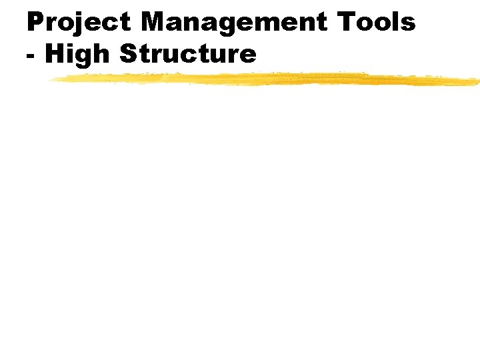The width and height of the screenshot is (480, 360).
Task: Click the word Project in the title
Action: [x=79, y=23]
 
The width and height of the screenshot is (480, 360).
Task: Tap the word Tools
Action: [x=377, y=23]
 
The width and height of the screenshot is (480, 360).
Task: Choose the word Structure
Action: [x=187, y=53]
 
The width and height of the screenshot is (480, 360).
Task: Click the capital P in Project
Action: [x=35, y=23]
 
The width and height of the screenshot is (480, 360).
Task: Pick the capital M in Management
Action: [x=153, y=23]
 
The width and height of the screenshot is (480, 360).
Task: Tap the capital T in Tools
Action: [x=346, y=23]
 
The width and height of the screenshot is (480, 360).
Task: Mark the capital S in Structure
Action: [x=127, y=53]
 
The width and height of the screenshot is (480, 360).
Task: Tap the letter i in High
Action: [x=70, y=53]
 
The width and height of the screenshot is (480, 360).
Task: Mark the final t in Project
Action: [x=125, y=23]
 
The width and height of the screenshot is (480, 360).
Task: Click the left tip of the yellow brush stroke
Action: [x=50, y=79]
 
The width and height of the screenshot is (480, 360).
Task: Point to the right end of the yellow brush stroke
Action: [x=477, y=82]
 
